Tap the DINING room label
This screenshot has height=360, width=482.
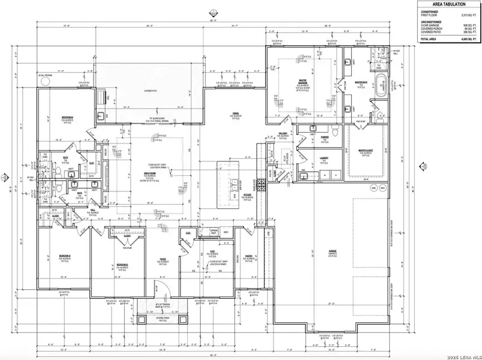click(236, 113)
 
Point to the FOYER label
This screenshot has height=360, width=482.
click(162, 259)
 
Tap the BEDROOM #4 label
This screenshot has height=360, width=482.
click(67, 116)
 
